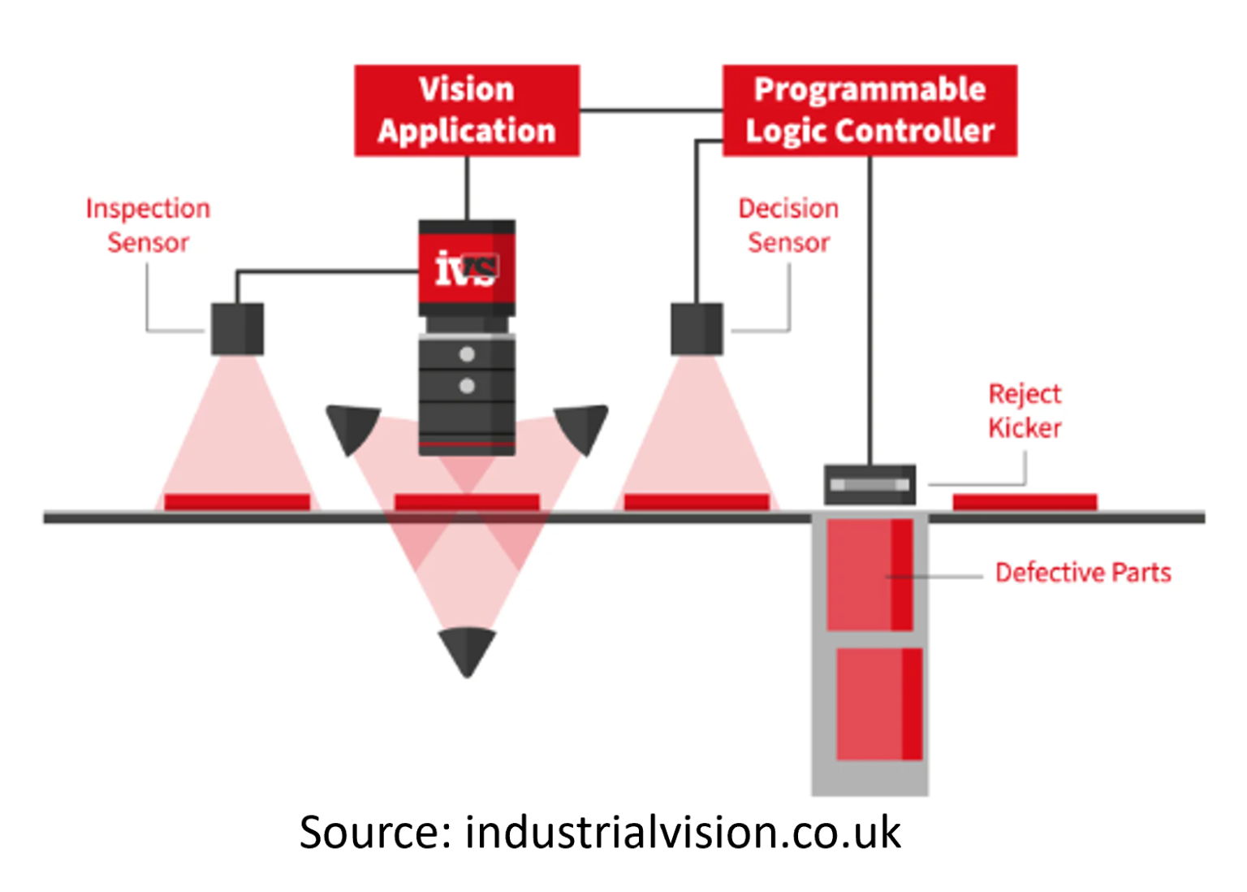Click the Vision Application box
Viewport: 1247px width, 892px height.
467,110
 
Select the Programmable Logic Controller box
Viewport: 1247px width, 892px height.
869,110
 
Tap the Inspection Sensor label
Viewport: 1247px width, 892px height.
148,225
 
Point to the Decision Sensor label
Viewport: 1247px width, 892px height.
788,225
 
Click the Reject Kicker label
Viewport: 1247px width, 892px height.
1025,410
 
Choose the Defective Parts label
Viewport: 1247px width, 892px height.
1083,573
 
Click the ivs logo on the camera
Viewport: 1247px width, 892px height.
466,269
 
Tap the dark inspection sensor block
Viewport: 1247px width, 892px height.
237,329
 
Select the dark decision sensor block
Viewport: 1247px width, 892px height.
697,329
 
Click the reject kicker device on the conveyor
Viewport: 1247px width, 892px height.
869,485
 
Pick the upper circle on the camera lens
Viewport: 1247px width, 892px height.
467,354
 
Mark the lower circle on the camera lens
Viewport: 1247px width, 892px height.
467,386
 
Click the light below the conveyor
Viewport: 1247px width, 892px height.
467,650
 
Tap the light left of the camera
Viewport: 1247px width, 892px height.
353,427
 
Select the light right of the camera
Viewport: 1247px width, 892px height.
582,427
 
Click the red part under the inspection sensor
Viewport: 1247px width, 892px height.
237,502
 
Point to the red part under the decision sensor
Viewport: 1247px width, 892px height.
697,502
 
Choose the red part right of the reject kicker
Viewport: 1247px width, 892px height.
1025,502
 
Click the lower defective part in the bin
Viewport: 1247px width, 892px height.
879,704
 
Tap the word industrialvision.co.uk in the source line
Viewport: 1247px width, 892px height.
682,833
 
